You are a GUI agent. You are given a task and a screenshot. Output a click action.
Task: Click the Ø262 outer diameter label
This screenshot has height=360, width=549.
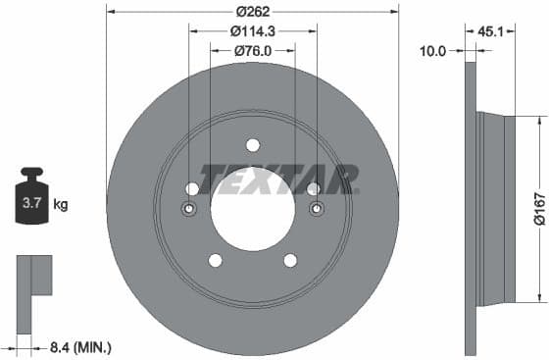[253, 12]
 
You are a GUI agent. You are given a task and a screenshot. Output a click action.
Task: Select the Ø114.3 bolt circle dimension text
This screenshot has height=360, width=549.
[252, 30]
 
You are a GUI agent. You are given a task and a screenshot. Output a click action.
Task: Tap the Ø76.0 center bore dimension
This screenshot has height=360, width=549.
[252, 50]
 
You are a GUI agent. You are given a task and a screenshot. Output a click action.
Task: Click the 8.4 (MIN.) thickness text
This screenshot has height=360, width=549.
[79, 346]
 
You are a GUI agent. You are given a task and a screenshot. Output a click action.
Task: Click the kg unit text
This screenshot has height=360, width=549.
[61, 205]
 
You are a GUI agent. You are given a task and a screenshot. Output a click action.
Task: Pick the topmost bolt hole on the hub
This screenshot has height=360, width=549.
[253, 145]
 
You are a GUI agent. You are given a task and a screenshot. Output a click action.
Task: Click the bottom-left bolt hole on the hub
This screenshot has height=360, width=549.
[215, 260]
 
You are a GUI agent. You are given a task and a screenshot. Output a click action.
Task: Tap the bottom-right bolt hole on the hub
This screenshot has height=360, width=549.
[290, 260]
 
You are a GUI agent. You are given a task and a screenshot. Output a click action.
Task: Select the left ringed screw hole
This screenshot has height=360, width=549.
[189, 209]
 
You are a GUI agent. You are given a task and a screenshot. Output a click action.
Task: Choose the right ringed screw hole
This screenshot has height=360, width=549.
[316, 209]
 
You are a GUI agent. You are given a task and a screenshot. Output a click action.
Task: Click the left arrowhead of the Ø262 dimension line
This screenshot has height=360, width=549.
[110, 12]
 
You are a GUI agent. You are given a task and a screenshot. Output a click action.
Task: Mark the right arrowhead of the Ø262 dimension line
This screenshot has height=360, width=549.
[395, 12]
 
